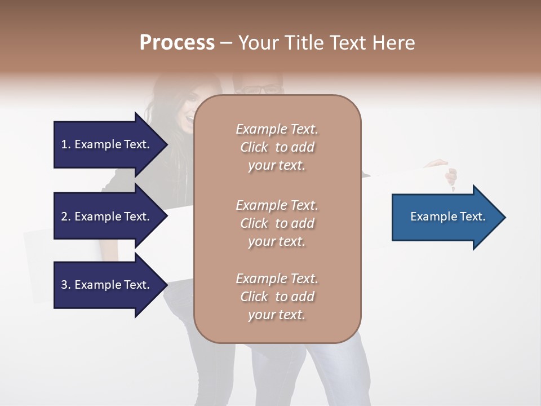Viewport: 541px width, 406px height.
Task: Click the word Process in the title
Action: (x=177, y=43)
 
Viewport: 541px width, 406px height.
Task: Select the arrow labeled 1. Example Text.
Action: (x=107, y=145)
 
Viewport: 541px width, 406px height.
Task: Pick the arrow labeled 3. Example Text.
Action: (x=107, y=285)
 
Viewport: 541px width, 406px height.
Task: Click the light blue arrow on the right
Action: (x=445, y=217)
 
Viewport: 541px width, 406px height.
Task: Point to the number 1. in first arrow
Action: (x=66, y=145)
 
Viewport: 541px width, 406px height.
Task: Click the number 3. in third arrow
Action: (x=66, y=285)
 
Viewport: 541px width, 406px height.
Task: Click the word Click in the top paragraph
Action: (x=254, y=148)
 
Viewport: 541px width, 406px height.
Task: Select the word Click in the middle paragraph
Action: (x=254, y=224)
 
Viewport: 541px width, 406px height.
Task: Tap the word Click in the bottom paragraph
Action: (x=254, y=297)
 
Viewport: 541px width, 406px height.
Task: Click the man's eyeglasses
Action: (x=257, y=90)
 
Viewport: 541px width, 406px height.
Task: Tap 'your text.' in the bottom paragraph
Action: (x=277, y=315)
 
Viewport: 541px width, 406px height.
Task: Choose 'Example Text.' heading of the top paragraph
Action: (x=277, y=130)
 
